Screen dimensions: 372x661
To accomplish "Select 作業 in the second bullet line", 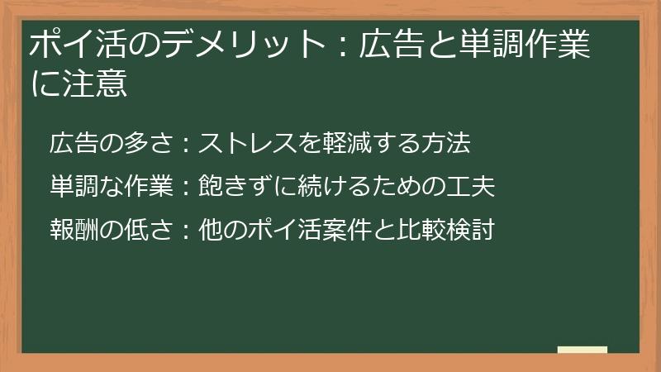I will click(147, 187).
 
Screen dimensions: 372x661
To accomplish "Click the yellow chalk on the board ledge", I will click(582, 350).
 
